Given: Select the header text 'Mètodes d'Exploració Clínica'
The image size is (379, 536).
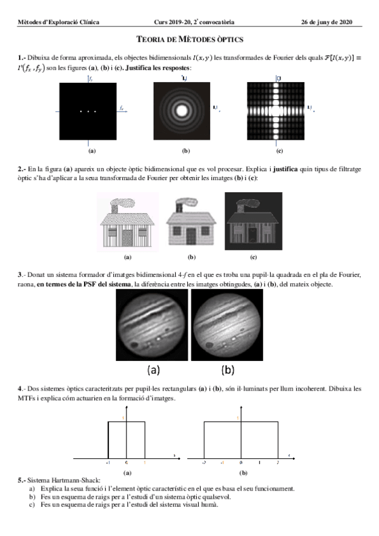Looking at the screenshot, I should (58, 22).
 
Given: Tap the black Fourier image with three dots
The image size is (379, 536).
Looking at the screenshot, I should (89, 111).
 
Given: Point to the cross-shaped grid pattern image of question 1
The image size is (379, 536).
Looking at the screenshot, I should (278, 111).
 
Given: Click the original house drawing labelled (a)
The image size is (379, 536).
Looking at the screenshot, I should (127, 221).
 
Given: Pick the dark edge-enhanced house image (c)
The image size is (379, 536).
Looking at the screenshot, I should (253, 221).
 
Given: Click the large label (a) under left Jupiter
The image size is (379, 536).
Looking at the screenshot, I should (154, 368).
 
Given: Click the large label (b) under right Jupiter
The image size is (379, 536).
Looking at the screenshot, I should (228, 368).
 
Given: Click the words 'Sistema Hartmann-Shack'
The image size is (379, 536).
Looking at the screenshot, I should (60, 480).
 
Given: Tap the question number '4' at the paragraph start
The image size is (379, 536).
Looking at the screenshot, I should (20, 387).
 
